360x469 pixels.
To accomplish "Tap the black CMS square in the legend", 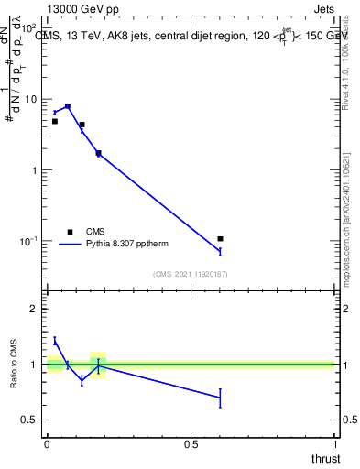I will coord(70,232).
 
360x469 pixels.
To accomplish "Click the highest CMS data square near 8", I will coord(68,106).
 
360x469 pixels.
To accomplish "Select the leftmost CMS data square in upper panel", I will coord(55,121).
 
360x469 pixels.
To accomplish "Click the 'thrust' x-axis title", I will coord(325,458).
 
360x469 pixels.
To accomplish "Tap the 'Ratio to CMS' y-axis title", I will coord(15,365).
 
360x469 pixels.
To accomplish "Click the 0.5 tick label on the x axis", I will coord(191,444).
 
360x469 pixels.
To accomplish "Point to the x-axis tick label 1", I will coord(336,444).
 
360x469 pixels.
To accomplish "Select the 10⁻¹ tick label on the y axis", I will coord(28,241).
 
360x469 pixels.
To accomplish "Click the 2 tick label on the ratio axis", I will coord(35,309).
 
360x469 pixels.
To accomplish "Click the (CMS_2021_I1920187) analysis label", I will coord(191,273).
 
